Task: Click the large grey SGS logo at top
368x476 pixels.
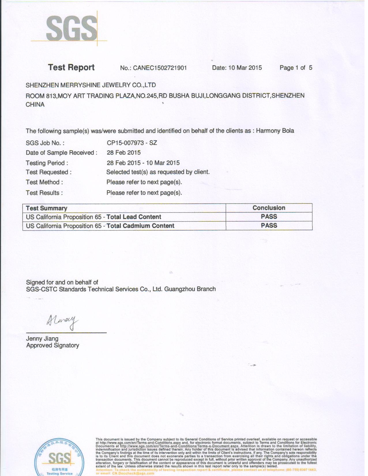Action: coord(72,29)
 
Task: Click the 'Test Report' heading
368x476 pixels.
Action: coord(71,68)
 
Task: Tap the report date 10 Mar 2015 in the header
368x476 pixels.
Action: coord(245,68)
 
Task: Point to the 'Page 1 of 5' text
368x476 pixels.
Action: coord(296,68)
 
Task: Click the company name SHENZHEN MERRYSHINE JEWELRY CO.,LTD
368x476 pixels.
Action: coord(91,85)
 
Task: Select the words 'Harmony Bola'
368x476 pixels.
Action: coord(275,131)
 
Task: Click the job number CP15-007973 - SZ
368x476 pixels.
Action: coord(132,143)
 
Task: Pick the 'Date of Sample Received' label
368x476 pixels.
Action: coord(61,153)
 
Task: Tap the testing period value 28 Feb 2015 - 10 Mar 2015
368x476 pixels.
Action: coord(143,163)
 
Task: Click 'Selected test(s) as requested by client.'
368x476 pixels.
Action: coord(158,172)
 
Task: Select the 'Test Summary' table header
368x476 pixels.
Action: coord(46,208)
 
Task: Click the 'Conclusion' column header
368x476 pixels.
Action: coord(269,208)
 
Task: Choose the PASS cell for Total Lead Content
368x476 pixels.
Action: coord(269,217)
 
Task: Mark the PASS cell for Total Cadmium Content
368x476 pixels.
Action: coord(269,226)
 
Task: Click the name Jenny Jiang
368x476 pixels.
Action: coord(42,339)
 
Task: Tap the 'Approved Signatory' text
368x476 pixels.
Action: coord(52,346)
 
